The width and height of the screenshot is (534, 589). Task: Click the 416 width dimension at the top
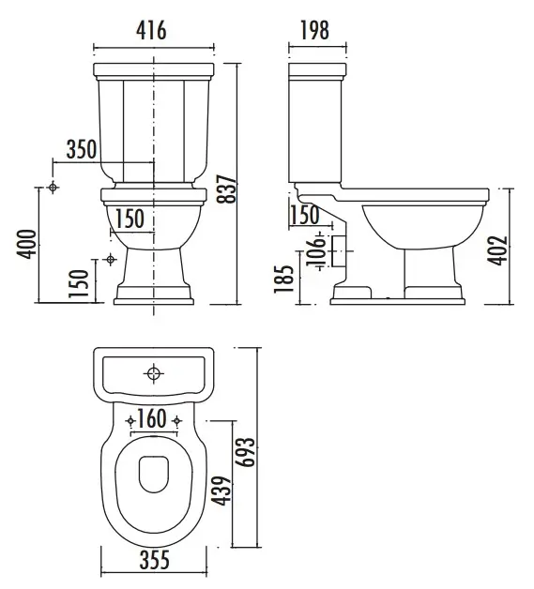[x=151, y=30]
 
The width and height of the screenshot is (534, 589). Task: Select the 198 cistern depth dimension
[x=315, y=30]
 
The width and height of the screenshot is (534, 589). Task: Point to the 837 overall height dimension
[x=227, y=189]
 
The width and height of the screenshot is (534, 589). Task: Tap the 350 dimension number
[x=82, y=149]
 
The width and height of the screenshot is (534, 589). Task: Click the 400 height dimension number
[x=27, y=244]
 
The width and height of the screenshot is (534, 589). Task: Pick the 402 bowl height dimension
[x=497, y=250]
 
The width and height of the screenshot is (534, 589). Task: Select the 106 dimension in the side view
[x=315, y=251]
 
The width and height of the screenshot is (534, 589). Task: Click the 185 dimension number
[x=283, y=279]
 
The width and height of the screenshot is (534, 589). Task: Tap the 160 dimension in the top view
[x=152, y=419]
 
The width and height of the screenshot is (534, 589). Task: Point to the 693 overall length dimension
[x=246, y=452]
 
